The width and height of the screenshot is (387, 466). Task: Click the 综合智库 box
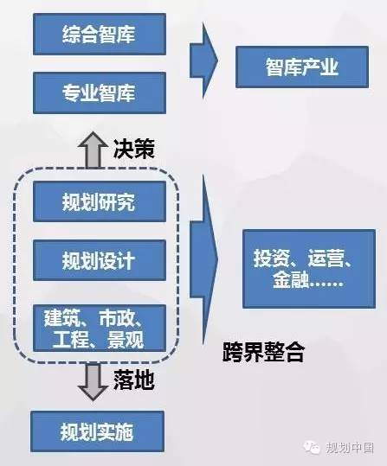(100, 35)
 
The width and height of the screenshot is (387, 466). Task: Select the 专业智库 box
(100, 93)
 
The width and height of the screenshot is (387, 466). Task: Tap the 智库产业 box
(302, 67)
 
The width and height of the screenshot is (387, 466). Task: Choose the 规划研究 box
(100, 201)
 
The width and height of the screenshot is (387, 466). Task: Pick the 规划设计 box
(100, 260)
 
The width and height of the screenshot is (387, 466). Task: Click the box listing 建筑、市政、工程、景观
(100, 329)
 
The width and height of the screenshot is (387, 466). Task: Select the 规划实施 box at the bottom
(97, 431)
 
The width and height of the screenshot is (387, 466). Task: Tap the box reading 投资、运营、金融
(309, 269)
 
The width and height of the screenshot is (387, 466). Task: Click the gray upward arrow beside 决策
(93, 150)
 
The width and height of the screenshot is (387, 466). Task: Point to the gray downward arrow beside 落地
(93, 382)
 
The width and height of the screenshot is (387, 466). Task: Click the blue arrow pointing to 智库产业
(204, 61)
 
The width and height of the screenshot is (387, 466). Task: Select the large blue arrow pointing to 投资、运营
(204, 259)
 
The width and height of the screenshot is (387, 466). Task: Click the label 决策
(133, 149)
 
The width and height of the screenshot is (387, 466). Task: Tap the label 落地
(133, 380)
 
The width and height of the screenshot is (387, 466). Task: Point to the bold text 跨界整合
(263, 352)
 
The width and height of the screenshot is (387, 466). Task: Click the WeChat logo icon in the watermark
(312, 447)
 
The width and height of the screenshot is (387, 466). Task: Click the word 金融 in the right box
(291, 279)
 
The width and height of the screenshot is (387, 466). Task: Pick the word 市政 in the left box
(118, 318)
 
